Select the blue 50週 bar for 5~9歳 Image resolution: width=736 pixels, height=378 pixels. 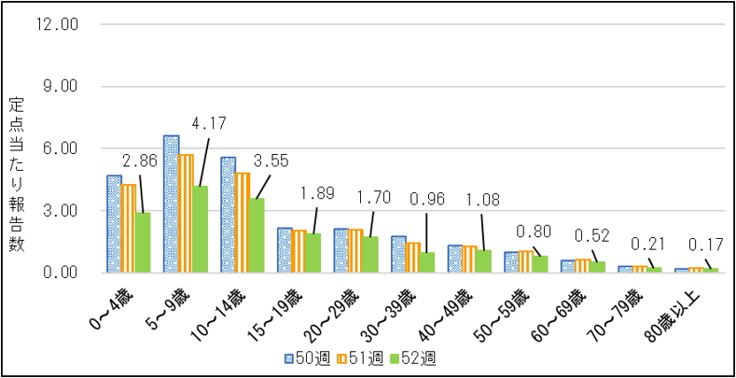tap(171, 204)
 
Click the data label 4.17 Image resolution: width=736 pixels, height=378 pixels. tap(208, 122)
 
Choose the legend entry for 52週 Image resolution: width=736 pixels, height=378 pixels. tap(412, 357)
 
